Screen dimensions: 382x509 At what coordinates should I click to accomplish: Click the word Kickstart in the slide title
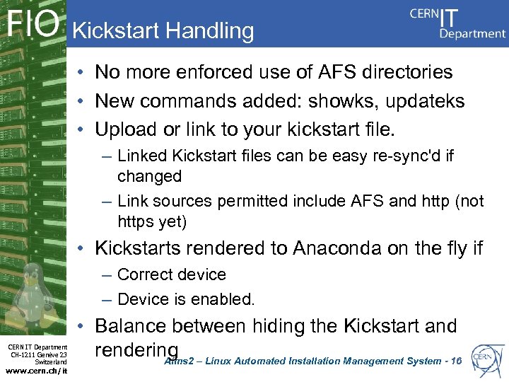tap(117, 30)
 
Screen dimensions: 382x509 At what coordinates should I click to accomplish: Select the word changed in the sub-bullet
tap(149, 175)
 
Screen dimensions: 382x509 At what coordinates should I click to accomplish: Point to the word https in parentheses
tap(138, 222)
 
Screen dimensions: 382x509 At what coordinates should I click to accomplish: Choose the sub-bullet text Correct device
tap(171, 274)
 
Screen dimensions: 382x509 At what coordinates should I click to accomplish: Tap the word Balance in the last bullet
tap(131, 326)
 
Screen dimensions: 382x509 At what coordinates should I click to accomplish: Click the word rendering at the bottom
tap(136, 351)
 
